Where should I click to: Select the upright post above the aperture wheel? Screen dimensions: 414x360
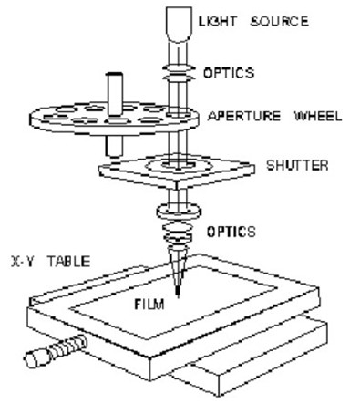[115, 86]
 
